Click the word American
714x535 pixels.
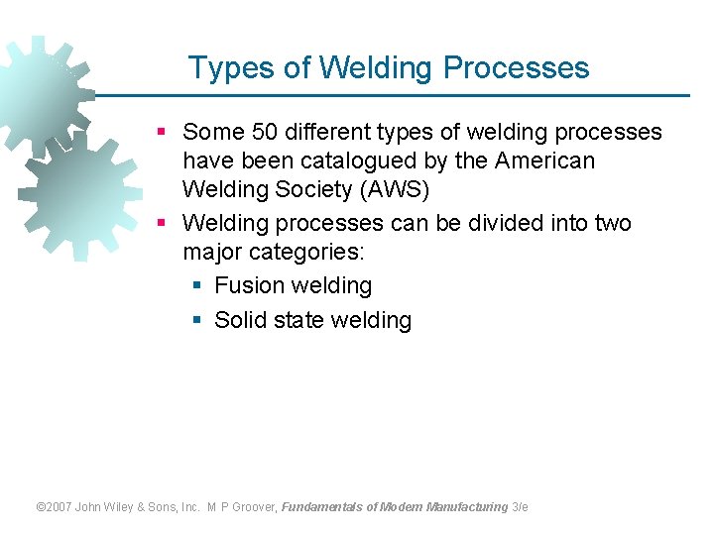pos(544,160)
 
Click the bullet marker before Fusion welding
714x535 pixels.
pos(196,286)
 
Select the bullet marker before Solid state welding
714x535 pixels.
pos(196,320)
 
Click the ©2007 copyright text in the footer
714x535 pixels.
pos(55,506)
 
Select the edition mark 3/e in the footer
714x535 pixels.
pos(520,506)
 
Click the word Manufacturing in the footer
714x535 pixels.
pos(467,506)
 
